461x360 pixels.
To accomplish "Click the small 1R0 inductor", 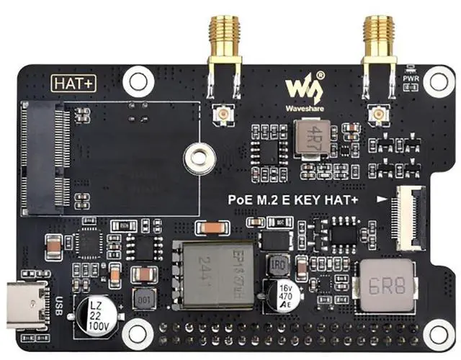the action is coord(279,264).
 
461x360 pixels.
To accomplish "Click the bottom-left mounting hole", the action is coord(135,332).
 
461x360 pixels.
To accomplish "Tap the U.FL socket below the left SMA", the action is coord(219,115).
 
